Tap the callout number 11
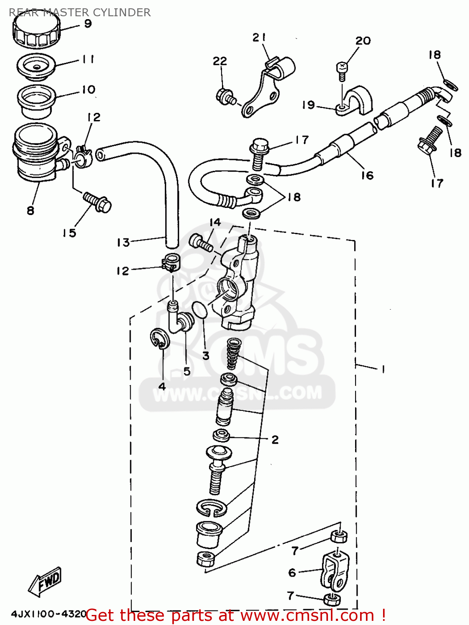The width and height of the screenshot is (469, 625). click(x=88, y=60)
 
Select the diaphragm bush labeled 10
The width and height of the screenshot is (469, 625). click(x=36, y=101)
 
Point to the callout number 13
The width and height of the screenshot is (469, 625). click(x=123, y=242)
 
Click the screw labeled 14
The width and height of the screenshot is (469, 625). click(x=202, y=242)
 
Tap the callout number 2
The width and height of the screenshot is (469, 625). click(x=275, y=440)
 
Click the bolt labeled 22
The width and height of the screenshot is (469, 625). click(x=226, y=97)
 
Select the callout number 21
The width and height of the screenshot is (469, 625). click(x=259, y=37)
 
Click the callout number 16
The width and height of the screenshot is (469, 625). click(x=367, y=175)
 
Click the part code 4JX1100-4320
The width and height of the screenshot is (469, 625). click(x=48, y=614)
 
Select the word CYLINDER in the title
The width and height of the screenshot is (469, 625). click(x=121, y=12)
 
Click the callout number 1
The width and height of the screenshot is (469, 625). click(x=383, y=369)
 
